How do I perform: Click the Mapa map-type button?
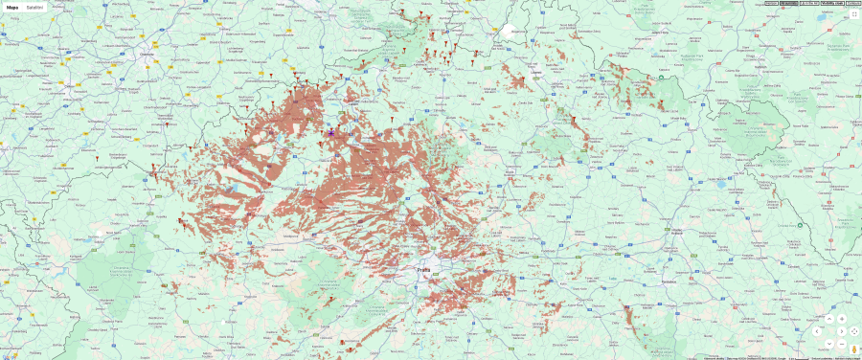(12, 7)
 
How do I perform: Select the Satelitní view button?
(34, 7)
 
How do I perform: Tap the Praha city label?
(423, 270)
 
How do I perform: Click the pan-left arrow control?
(817, 331)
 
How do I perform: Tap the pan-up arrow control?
(829, 319)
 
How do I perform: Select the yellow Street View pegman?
(852, 349)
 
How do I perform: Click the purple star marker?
(331, 133)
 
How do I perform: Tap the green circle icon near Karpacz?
(660, 78)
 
